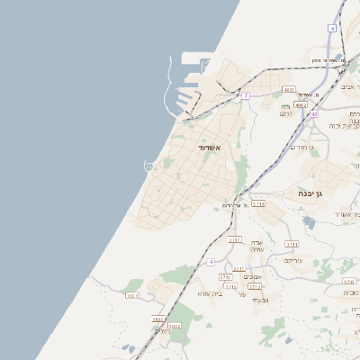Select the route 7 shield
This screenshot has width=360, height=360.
pyautogui.click(x=245, y=95)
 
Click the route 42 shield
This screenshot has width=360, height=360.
pyautogui.click(x=313, y=115)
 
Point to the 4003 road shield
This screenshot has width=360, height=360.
pyautogui.click(x=288, y=90)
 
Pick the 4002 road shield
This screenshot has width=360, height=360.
pyautogui.click(x=301, y=104)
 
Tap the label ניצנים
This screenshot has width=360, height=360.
pyautogui.click(x=161, y=330)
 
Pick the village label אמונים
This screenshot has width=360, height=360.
pyautogui.click(x=252, y=276)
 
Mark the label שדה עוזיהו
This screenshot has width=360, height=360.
pyautogui.click(x=256, y=246)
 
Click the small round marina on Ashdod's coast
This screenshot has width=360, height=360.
pyautogui.click(x=150, y=166)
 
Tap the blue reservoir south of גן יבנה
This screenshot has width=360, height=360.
pyautogui.click(x=309, y=222)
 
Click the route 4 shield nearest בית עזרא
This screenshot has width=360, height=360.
pyautogui.click(x=211, y=262)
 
